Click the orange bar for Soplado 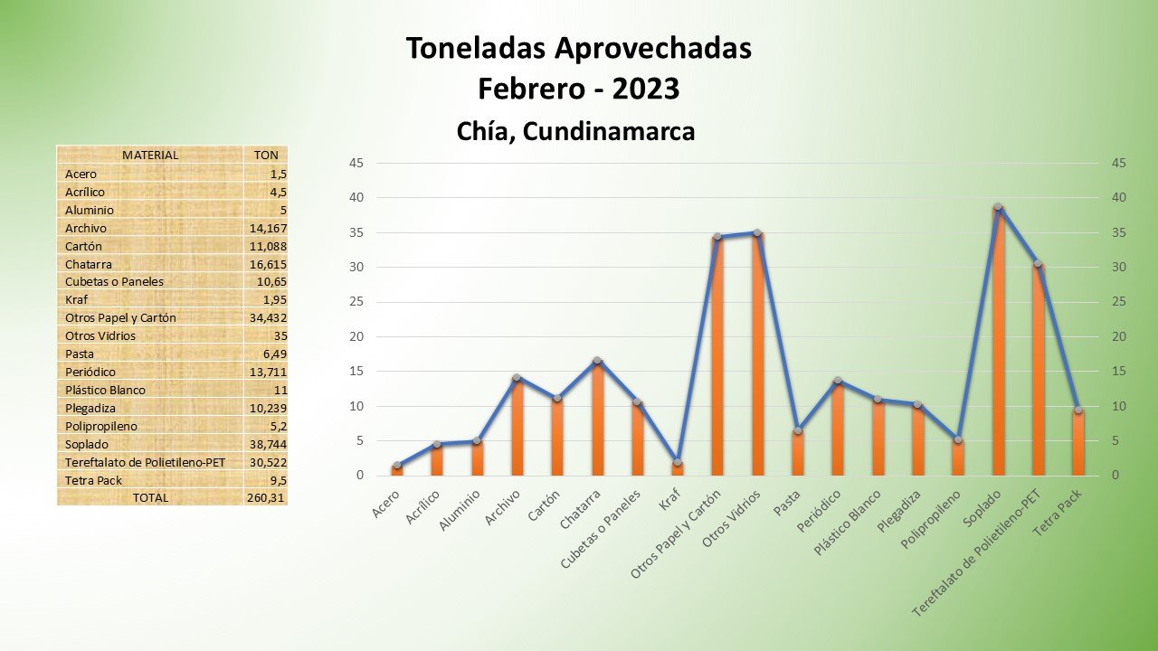pos(998,344)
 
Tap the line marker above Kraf pos(677,462)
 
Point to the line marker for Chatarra pos(597,361)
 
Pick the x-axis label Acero pos(385,505)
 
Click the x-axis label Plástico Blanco pos(848,522)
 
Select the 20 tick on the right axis pos(1119,336)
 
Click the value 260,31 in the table pos(266,497)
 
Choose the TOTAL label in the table pos(150,497)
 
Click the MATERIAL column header pos(150,155)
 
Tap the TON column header pos(266,155)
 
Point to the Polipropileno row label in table pos(101,426)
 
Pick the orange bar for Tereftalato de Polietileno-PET pos(1038,371)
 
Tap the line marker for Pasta pos(797,430)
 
